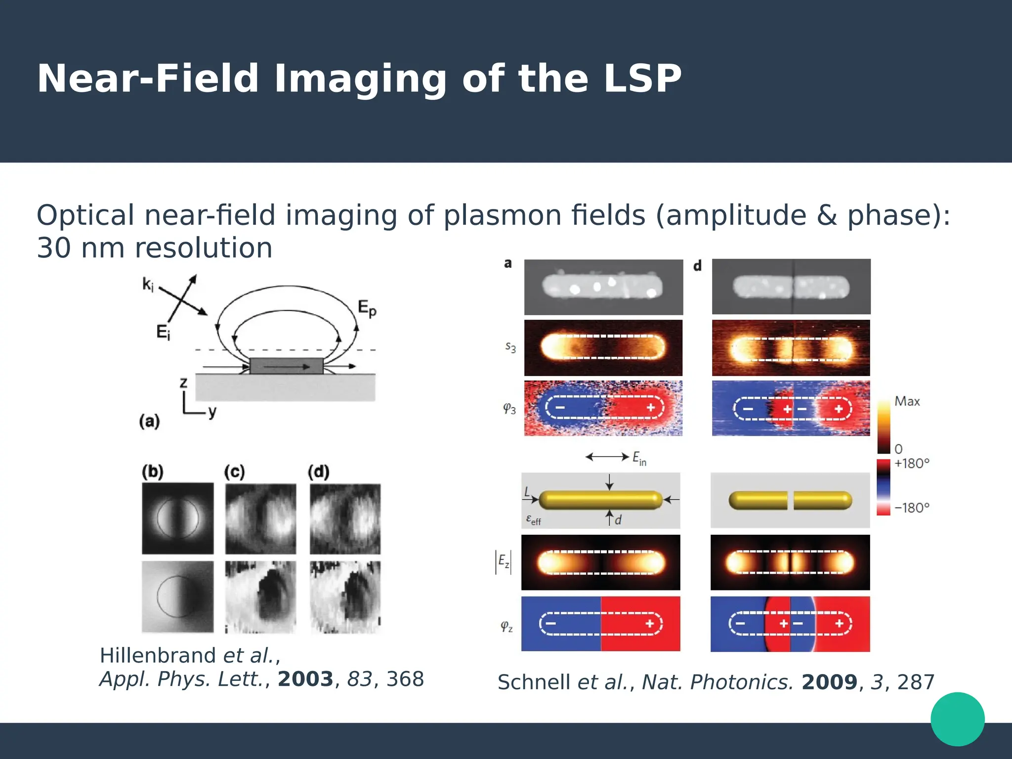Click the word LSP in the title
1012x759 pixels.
tap(642, 79)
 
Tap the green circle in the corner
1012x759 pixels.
tap(957, 719)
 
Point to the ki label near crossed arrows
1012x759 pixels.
tap(148, 284)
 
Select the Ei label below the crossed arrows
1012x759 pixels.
tap(163, 332)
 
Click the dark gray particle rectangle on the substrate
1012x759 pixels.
tap(286, 366)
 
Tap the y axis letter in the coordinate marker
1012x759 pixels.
tap(212, 412)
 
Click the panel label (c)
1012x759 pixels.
tap(234, 472)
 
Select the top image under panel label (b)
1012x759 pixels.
tap(178, 518)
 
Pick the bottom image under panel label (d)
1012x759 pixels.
tap(345, 597)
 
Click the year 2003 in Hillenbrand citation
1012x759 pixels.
tap(305, 679)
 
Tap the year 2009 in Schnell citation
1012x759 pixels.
tap(829, 682)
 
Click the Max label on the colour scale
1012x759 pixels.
tap(907, 401)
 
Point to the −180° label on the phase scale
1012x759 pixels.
tap(912, 508)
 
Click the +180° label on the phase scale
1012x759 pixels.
tap(912, 464)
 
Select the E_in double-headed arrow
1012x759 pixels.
tap(607, 457)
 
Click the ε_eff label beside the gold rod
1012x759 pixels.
tap(533, 520)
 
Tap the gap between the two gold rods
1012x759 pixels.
tap(791, 500)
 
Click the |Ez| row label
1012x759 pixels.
tap(503, 562)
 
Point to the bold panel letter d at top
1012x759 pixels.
tap(697, 266)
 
